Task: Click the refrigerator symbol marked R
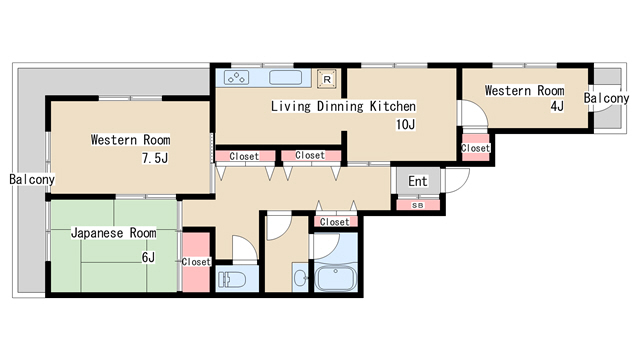(x=327, y=79)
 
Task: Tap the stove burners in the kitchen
(x=236, y=78)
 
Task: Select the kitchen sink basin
(x=285, y=77)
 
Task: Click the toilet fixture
(x=232, y=280)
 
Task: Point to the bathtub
(x=336, y=278)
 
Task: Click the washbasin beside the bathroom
(x=301, y=278)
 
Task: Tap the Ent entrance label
(x=418, y=181)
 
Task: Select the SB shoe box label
(x=418, y=206)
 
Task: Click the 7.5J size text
(x=155, y=158)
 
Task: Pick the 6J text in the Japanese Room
(x=148, y=258)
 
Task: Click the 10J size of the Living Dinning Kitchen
(x=405, y=124)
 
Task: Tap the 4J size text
(x=557, y=106)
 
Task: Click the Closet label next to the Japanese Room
(x=196, y=262)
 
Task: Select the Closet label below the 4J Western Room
(x=476, y=148)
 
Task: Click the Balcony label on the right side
(x=606, y=98)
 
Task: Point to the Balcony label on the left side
(x=32, y=179)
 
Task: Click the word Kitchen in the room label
(x=393, y=106)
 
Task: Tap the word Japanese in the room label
(x=97, y=233)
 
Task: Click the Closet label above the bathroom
(x=335, y=222)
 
